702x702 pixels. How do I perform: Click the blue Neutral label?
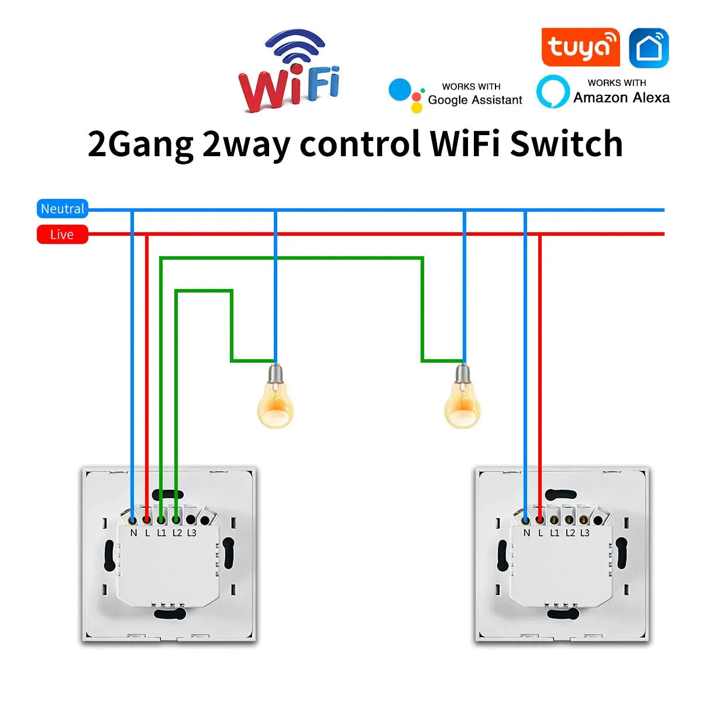[x=63, y=209]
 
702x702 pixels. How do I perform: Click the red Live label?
[x=62, y=235]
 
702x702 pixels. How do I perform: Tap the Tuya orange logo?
[x=580, y=47]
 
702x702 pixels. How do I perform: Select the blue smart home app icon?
[x=649, y=48]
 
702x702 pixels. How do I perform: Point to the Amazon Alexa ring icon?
[x=553, y=92]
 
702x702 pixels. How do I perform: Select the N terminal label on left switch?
[x=133, y=533]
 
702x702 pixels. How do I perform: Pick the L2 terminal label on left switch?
[x=177, y=533]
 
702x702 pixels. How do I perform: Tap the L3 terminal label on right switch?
[x=584, y=533]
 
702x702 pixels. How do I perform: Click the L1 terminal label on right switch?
[x=555, y=533]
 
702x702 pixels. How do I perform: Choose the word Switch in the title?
[x=566, y=144]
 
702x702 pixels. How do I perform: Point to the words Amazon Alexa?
[x=621, y=98]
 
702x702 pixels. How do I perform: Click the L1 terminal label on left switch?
[x=161, y=533]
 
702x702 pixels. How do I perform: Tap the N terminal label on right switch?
[x=526, y=533]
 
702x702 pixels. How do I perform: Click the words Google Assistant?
[x=475, y=100]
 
